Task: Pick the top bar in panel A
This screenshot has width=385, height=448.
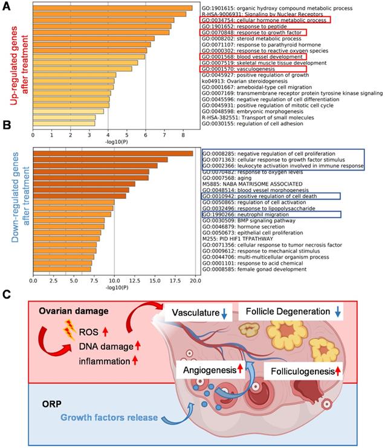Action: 112,8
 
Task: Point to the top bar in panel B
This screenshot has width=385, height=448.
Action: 112,153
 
